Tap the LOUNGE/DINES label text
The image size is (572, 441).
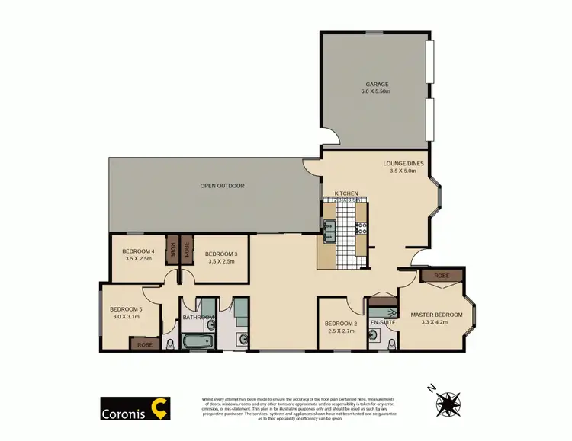(400, 162)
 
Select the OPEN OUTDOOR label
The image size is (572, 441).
(222, 185)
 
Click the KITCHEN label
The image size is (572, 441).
(345, 194)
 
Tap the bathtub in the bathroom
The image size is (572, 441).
(195, 340)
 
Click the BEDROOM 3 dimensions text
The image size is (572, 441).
(221, 260)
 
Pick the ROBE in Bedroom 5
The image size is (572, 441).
(144, 344)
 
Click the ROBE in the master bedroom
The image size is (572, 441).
(441, 276)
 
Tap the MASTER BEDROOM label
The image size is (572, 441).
(436, 315)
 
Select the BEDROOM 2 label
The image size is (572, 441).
(341, 323)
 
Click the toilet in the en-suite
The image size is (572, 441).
(391, 343)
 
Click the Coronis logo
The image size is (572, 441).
(135, 407)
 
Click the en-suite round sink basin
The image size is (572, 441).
(374, 337)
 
